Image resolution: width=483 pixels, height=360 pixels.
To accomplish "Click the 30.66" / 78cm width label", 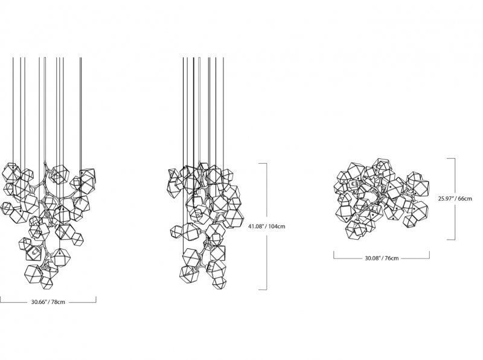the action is [x=48, y=302].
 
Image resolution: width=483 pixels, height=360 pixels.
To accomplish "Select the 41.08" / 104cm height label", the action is [x=267, y=227].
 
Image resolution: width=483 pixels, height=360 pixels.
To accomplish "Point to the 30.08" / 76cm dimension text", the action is [x=382, y=259].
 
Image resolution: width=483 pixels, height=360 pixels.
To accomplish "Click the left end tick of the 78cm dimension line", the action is [x=1, y=299].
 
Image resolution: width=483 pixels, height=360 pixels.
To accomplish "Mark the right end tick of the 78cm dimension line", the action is [x=96, y=299].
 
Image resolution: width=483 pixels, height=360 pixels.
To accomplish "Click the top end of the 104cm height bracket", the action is [x=263, y=163].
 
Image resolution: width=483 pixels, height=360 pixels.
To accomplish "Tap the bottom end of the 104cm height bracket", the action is [x=263, y=289].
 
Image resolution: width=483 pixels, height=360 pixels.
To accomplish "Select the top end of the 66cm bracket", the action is [x=451, y=158].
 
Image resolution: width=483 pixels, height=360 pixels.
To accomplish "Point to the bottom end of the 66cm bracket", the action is [x=451, y=239].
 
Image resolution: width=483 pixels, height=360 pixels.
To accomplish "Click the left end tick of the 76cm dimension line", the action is [x=334, y=256].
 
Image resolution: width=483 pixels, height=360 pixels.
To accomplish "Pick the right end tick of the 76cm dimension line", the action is [x=429, y=256].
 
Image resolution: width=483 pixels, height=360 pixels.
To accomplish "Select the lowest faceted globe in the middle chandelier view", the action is [x=219, y=283].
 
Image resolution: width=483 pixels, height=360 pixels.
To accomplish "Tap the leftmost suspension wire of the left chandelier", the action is [x=13, y=111].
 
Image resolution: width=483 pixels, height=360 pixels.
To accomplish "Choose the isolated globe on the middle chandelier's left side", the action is [x=176, y=232].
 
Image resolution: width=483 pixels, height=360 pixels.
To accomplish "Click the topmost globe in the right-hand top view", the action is [x=382, y=166].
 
